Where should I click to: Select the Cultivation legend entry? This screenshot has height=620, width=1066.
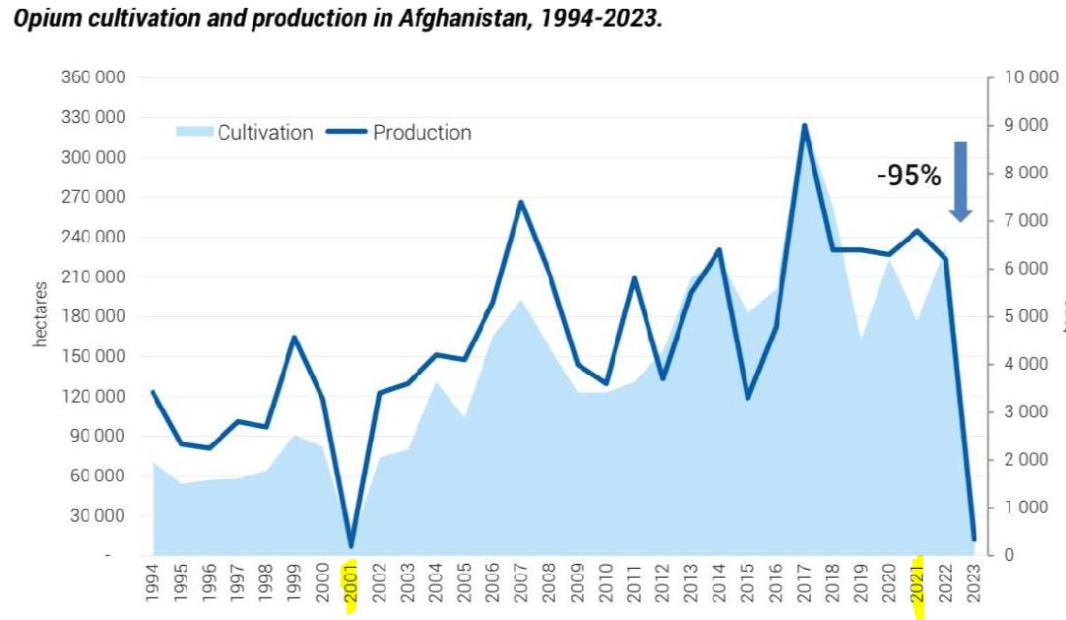(265, 132)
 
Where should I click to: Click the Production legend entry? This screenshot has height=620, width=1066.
(421, 132)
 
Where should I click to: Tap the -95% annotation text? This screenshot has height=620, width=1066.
(909, 176)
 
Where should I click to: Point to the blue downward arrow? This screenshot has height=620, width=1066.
(961, 181)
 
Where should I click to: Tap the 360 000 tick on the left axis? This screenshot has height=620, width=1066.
(97, 78)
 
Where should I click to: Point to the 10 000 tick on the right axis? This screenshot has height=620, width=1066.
(1024, 78)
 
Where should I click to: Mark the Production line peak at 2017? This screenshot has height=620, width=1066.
(804, 125)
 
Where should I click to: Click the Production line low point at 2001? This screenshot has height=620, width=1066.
(350, 546)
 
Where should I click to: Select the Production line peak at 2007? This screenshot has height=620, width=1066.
(520, 202)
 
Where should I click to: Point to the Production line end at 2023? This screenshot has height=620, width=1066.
(973, 539)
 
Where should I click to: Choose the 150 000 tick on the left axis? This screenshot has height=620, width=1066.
(97, 356)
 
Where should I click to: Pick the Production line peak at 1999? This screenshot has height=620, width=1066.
(294, 338)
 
